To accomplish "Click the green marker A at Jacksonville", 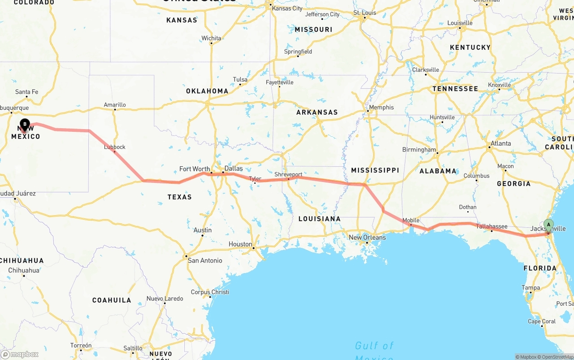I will [548, 225].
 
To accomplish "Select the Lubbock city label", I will [115, 147].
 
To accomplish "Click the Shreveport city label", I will [288, 174].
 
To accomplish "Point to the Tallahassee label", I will [491, 226].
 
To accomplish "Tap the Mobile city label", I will [411, 220].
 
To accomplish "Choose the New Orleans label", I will [367, 237].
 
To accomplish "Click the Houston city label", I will [240, 244].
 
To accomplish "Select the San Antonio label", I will [205, 260].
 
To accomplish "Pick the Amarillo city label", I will [115, 105].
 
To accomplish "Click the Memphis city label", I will [381, 107].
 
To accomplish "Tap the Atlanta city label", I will [500, 143].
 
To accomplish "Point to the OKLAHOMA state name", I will [207, 91].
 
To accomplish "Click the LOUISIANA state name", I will [319, 219].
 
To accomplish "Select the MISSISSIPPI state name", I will [375, 170].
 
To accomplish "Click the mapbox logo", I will [20, 354].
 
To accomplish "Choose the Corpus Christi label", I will [210, 292].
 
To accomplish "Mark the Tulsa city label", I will [240, 79].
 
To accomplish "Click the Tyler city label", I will [255, 178].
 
